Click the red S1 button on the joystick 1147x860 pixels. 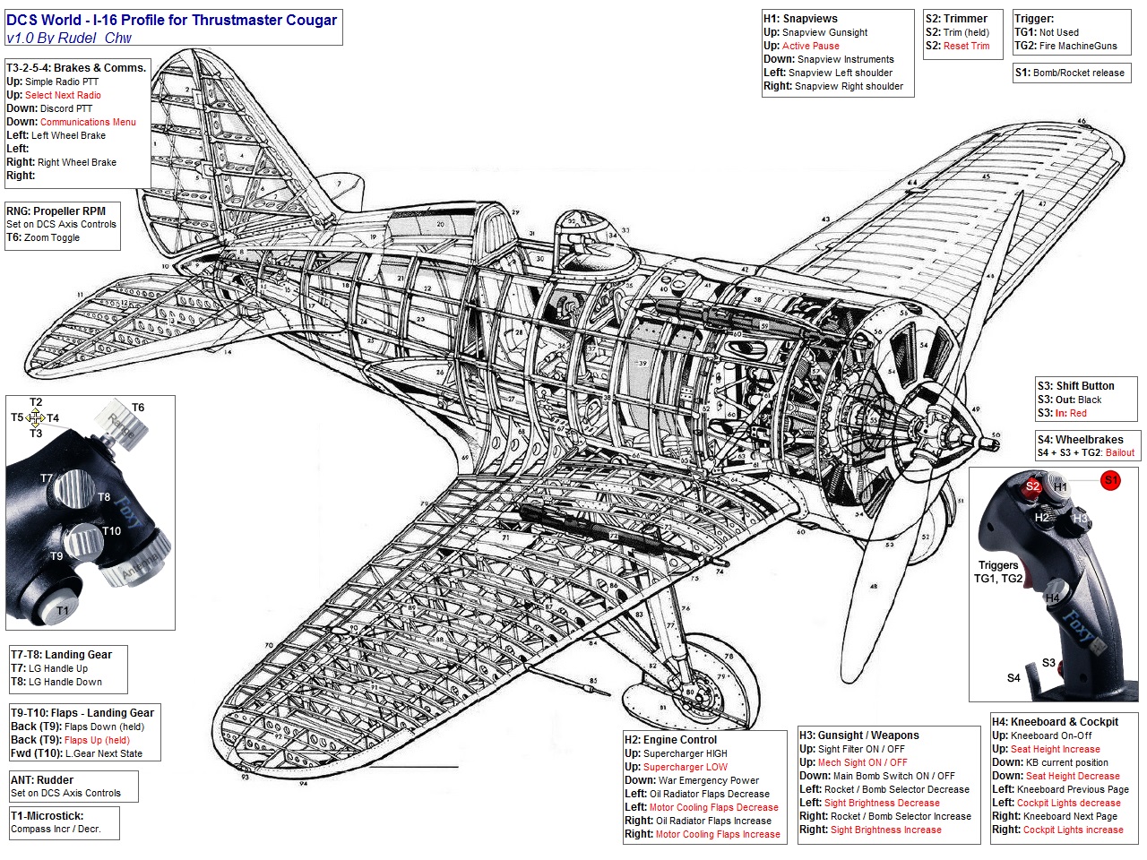click(x=1111, y=480)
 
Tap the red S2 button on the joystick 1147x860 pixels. click(x=1032, y=486)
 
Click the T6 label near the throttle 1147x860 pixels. click(x=138, y=408)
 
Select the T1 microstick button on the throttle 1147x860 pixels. click(x=62, y=611)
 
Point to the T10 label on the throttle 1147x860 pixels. click(x=111, y=531)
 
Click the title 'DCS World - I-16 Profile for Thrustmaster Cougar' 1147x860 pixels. click(x=172, y=20)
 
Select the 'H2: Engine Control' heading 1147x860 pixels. click(x=671, y=740)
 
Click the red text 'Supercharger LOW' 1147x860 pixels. click(x=686, y=767)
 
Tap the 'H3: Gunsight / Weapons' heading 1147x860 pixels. click(x=859, y=735)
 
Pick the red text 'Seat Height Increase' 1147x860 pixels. click(x=1055, y=749)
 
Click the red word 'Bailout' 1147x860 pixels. click(x=1119, y=453)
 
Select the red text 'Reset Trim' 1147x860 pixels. click(x=966, y=46)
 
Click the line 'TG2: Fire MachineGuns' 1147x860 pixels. click(x=1065, y=46)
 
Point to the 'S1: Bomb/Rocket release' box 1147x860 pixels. click(x=1069, y=73)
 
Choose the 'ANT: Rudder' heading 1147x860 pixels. click(x=42, y=780)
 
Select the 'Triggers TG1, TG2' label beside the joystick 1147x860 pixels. click(x=998, y=572)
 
